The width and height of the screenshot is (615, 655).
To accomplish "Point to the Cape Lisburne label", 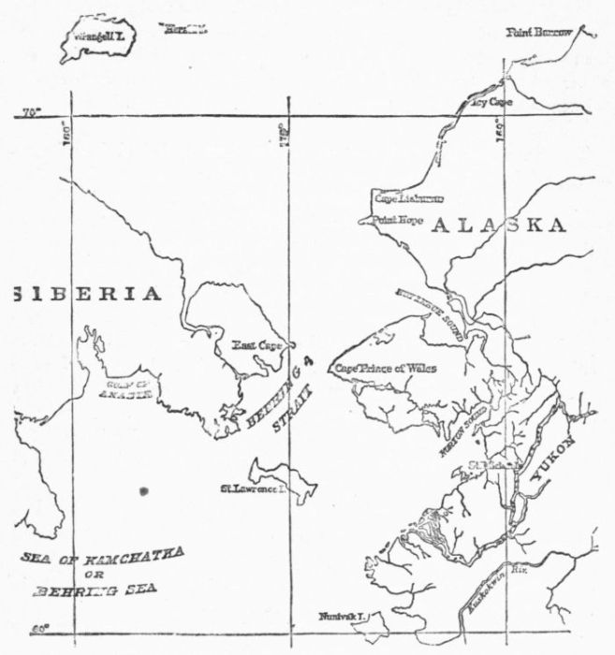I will (x=409, y=198).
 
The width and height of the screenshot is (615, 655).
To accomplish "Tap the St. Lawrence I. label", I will (x=252, y=488).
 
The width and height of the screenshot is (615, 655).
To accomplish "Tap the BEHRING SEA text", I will (x=99, y=590).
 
